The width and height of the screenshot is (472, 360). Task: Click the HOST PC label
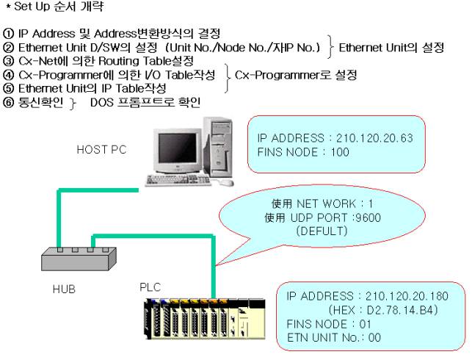[x=101, y=149]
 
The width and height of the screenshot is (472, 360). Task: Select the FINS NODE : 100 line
[x=303, y=152]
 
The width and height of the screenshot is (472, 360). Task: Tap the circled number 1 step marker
[x=9, y=34]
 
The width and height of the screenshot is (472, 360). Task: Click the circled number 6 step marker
[x=9, y=102]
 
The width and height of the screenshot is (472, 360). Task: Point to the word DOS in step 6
[x=103, y=102]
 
